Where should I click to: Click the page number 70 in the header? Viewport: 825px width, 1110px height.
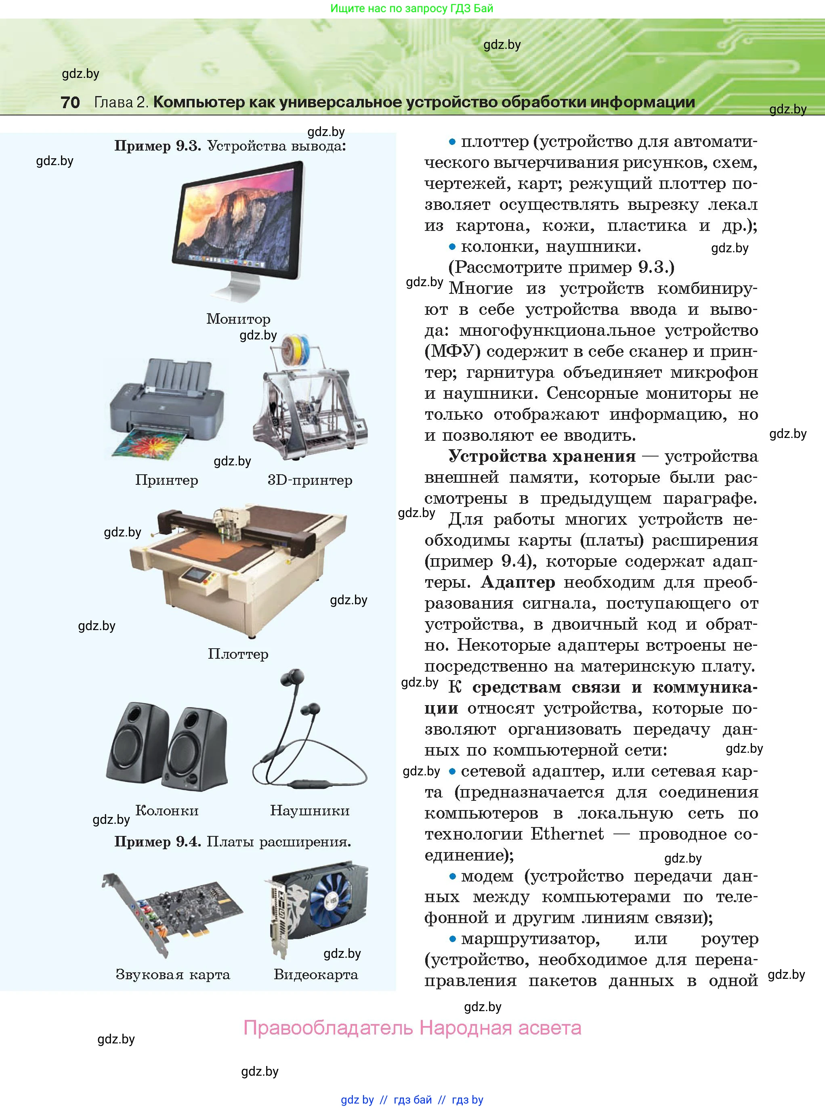(70, 102)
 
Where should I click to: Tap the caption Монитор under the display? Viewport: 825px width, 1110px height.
(238, 319)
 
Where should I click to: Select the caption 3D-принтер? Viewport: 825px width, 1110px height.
(310, 480)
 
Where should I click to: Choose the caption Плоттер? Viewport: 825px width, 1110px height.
(238, 654)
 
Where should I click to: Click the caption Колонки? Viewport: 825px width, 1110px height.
(167, 811)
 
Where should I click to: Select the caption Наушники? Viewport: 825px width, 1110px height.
(310, 811)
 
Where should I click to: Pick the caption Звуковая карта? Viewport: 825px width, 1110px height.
(173, 974)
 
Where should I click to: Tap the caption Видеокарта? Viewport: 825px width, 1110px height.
(316, 974)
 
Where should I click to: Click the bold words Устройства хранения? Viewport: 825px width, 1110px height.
(542, 456)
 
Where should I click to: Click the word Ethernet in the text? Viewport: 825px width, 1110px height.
(567, 834)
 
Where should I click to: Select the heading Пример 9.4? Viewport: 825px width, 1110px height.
(157, 842)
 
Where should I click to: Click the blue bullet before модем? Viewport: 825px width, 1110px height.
(452, 876)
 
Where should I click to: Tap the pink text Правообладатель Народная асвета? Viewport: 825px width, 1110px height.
(412, 1028)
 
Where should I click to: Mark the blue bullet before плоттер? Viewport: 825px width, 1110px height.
(452, 142)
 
